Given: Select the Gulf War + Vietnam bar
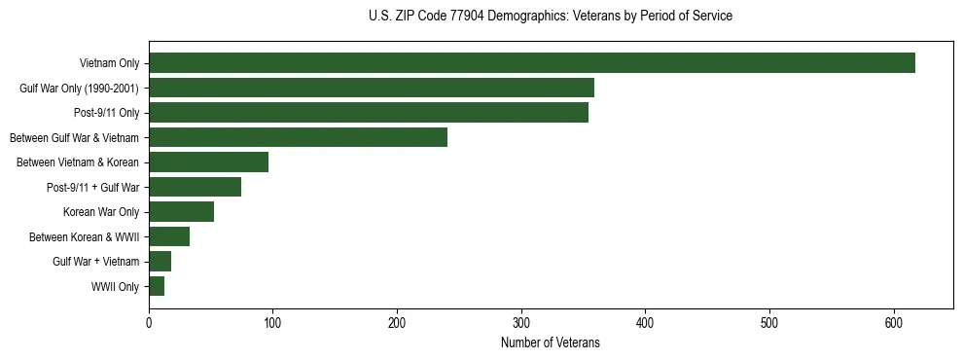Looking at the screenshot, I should pos(160,262).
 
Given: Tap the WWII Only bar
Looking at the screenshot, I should pos(157,286).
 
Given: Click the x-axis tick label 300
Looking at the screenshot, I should pos(521,323).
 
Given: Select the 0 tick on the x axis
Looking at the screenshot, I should pos(149,323).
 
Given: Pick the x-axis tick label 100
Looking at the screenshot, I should pos(273,323).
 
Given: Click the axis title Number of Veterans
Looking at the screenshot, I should pos(550,342).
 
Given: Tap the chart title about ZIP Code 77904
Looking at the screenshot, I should pos(551,17).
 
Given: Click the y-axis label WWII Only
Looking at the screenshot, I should pos(115,287).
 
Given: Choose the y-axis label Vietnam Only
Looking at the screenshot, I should pos(109,64).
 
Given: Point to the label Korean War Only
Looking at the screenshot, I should pos(101,212).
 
